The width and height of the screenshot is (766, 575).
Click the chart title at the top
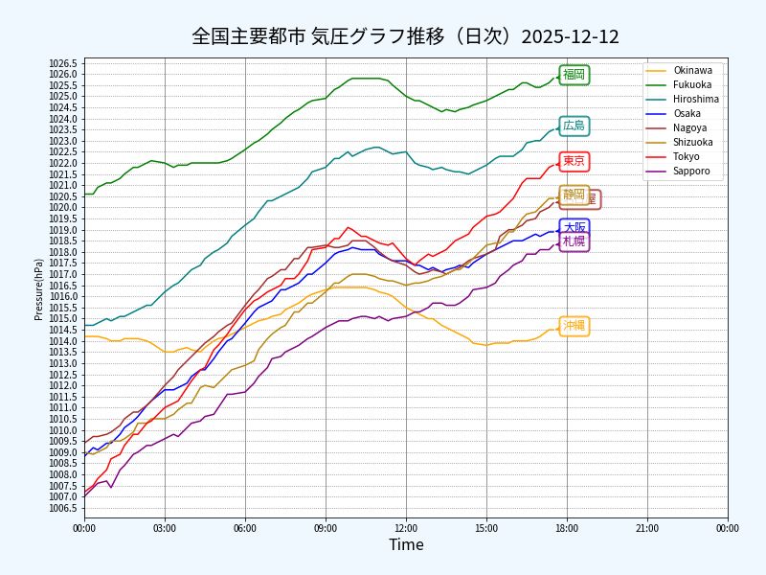click(405, 36)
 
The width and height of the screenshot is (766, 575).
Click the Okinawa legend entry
click(692, 70)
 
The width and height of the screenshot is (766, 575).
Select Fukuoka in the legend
click(692, 84)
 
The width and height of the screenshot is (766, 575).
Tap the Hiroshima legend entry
click(696, 99)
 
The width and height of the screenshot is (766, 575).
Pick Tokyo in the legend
click(687, 156)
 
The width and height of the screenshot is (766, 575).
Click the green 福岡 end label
click(574, 75)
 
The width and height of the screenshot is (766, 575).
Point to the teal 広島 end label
click(574, 126)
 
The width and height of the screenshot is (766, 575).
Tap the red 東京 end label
click(574, 161)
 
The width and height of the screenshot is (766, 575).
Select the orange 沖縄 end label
click(574, 326)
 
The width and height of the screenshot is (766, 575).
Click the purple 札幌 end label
click(574, 241)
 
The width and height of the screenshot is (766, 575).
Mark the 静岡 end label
click(574, 195)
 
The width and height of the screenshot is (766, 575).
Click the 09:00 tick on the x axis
click(326, 526)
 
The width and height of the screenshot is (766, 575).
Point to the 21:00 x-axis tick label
click(647, 526)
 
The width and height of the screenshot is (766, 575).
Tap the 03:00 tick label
click(165, 526)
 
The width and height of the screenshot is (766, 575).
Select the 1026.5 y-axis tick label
click(62, 63)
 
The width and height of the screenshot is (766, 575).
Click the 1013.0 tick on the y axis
click(62, 363)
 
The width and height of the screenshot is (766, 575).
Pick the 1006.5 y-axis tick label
click(62, 508)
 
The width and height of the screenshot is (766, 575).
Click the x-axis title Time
click(406, 545)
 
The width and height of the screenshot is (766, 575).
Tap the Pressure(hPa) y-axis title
click(38, 288)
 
